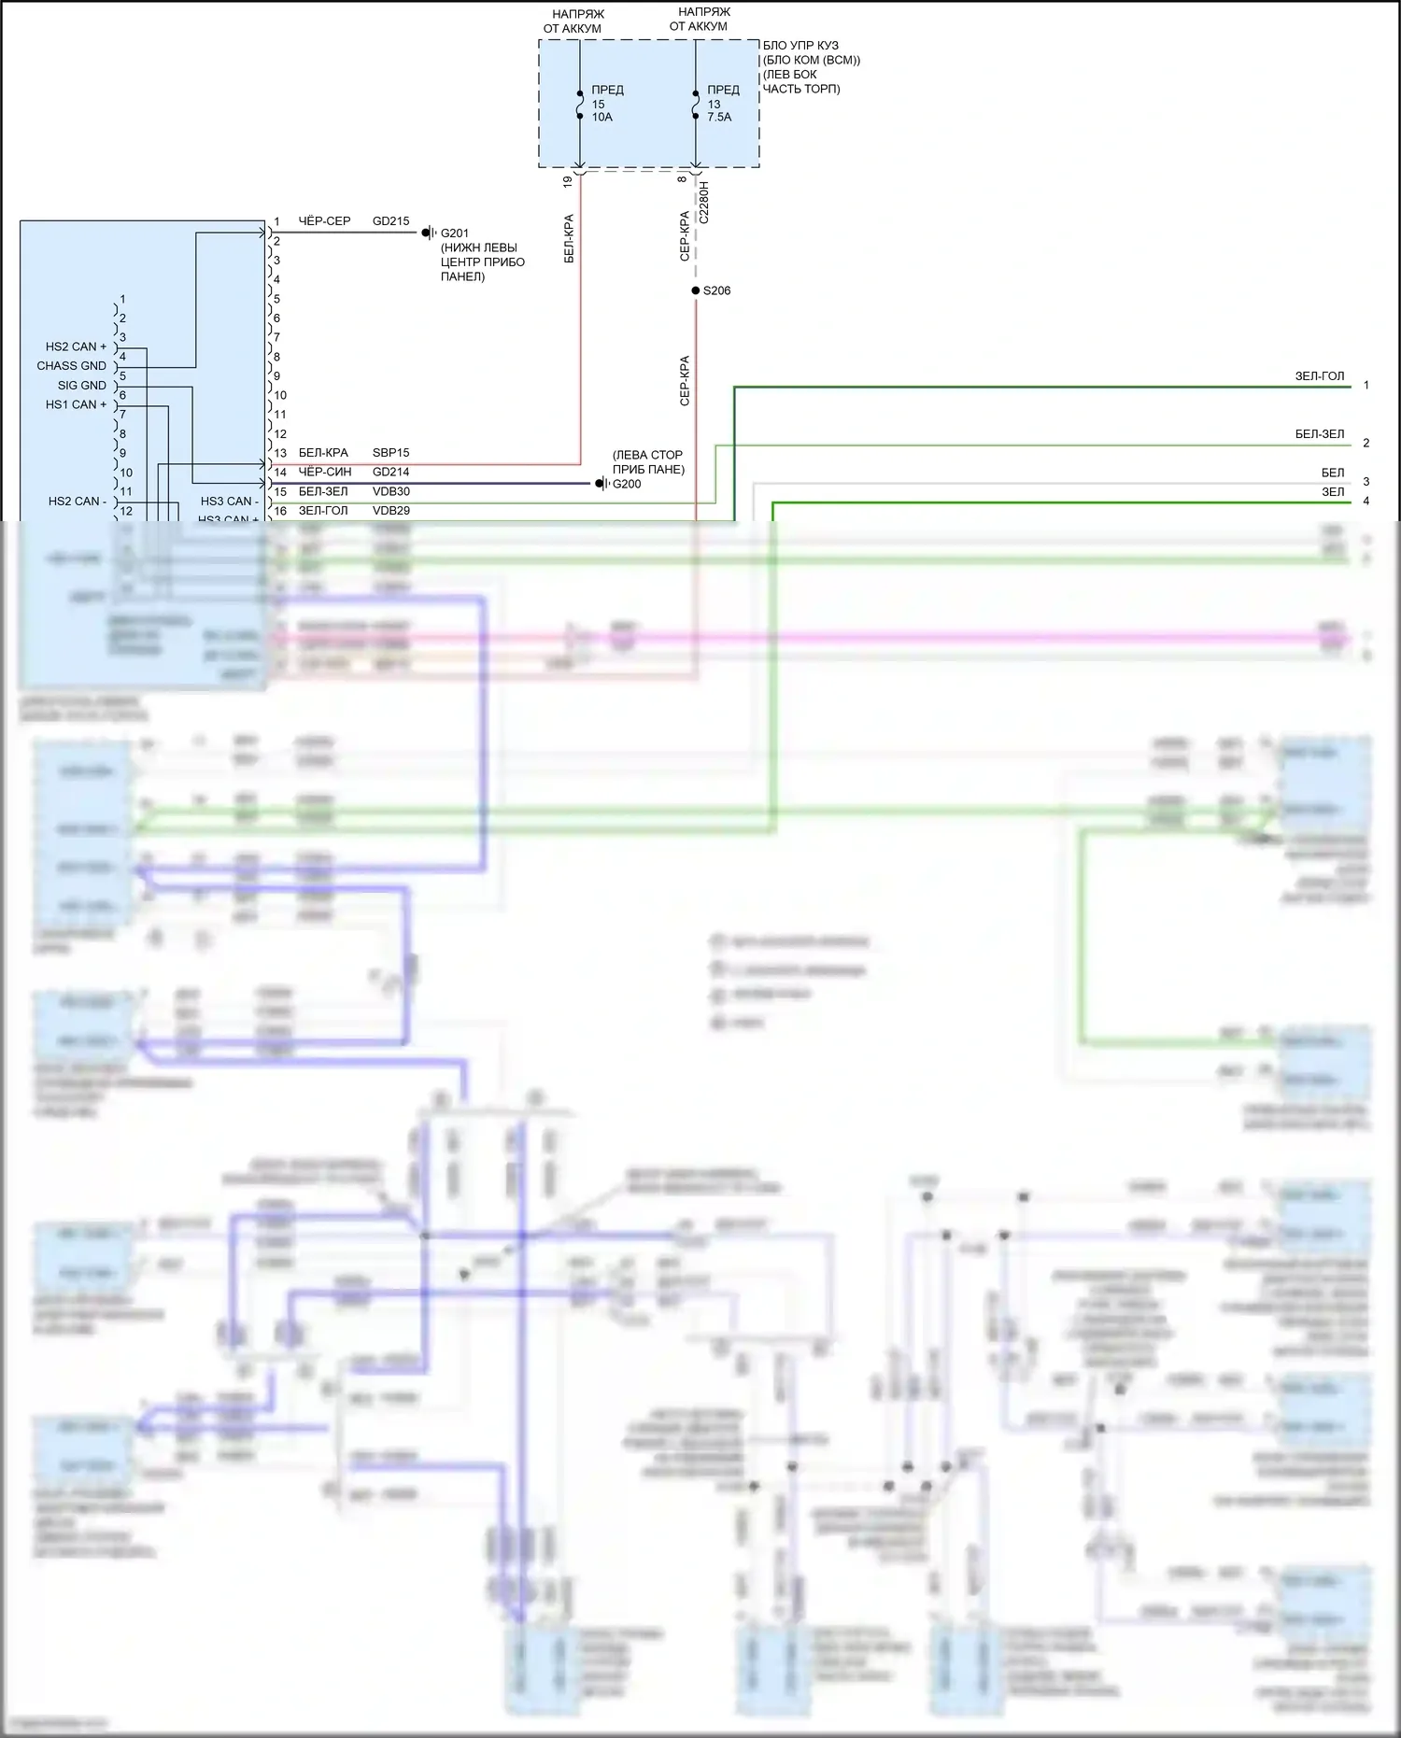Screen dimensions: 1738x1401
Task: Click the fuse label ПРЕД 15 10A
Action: tap(607, 104)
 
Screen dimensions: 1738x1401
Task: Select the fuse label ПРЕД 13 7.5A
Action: tap(723, 104)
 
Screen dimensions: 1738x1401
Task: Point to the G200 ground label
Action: tap(627, 484)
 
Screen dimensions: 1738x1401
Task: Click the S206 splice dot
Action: tap(696, 290)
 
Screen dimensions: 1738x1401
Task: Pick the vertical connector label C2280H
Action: tap(704, 203)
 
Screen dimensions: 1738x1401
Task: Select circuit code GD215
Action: tap(390, 221)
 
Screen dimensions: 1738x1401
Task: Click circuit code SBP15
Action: tap(390, 453)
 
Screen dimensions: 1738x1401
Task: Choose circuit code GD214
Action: tap(390, 473)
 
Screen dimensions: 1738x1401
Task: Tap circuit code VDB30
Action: tap(390, 491)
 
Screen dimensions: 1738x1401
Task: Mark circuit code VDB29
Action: tap(390, 511)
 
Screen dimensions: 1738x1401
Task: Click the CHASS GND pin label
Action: tap(71, 366)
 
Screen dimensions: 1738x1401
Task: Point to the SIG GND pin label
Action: tap(81, 386)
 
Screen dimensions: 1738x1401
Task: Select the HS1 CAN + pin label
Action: tap(76, 404)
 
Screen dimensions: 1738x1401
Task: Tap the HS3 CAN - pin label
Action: tap(229, 502)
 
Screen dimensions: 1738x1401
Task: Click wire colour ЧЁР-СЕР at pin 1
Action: tap(324, 221)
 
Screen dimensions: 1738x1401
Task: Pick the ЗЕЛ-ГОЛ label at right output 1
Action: tap(1319, 376)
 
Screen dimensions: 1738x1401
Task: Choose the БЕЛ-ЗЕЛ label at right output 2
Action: tap(1319, 434)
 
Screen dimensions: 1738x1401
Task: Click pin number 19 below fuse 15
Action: tap(568, 182)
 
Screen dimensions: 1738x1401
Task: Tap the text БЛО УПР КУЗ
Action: tap(800, 46)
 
